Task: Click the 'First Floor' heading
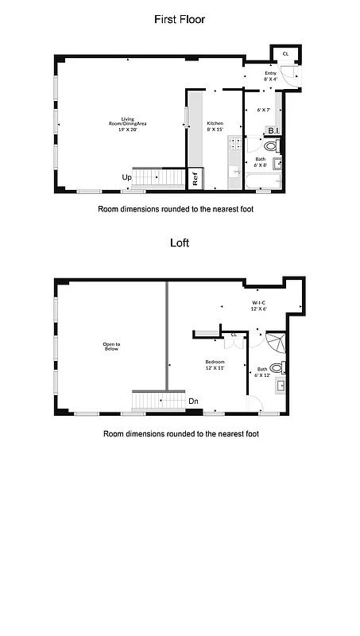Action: [x=180, y=19]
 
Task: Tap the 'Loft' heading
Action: [x=180, y=244]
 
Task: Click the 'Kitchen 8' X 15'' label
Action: [x=215, y=126]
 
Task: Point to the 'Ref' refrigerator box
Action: [x=195, y=179]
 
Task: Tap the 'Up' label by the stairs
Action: [x=126, y=177]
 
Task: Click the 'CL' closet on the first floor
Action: [x=285, y=55]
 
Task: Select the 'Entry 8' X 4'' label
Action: [x=271, y=76]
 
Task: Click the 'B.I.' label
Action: [x=273, y=130]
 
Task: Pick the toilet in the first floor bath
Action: [x=270, y=146]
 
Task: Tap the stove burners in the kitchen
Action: [x=234, y=144]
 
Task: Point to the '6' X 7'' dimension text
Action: [x=264, y=109]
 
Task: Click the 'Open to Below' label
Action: [x=111, y=347]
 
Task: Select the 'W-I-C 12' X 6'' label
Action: [x=260, y=305]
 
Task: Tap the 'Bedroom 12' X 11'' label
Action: [x=215, y=365]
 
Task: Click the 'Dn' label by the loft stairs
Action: [x=193, y=401]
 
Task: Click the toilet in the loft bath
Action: [x=276, y=367]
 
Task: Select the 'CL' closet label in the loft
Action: [x=234, y=335]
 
